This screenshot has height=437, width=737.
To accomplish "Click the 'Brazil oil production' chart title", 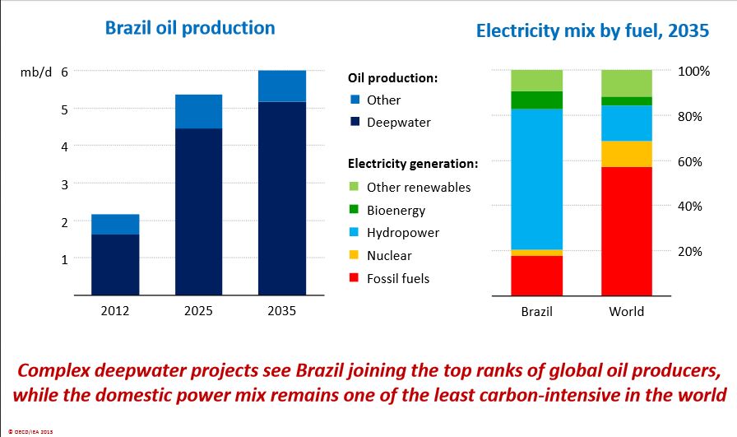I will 190,28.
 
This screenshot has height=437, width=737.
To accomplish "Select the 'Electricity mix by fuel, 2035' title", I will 592,32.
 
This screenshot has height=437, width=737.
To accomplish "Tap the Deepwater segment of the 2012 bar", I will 115,264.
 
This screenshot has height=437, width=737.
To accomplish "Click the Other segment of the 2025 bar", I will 199,111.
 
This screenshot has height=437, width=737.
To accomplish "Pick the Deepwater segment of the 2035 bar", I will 282,198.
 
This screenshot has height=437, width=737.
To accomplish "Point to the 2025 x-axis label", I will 198,312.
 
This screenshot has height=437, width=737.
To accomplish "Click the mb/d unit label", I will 35,72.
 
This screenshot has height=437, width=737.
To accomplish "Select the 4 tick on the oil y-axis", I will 63,146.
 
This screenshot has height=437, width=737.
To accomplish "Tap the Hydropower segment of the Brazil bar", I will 536,179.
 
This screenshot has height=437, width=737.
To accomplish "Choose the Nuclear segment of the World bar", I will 626,154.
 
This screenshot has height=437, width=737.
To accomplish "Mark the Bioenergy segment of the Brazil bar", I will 536,100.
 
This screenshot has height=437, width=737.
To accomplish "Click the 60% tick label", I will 689,161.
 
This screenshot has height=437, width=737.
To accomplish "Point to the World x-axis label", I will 626,312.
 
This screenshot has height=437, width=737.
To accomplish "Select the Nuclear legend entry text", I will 389,256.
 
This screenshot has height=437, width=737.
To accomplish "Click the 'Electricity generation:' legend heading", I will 413,164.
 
